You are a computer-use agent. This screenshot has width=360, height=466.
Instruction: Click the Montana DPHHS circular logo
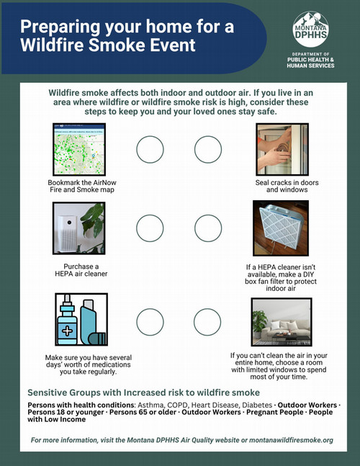point(310,29)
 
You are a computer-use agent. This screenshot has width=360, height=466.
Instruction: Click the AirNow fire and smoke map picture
point(79,149)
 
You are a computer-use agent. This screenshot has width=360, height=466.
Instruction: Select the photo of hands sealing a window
point(282,149)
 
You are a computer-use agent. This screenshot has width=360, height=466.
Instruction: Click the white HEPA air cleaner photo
point(79,228)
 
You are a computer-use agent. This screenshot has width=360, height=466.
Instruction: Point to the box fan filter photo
point(281,228)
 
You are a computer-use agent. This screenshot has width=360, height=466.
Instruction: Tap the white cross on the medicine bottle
point(67,331)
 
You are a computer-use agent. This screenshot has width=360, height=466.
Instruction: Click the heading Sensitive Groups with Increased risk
point(144,393)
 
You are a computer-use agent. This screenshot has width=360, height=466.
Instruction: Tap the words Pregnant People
point(275,412)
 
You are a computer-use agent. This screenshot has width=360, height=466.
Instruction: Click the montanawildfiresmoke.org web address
point(291,440)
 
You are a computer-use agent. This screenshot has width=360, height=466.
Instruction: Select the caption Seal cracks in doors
point(287,182)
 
